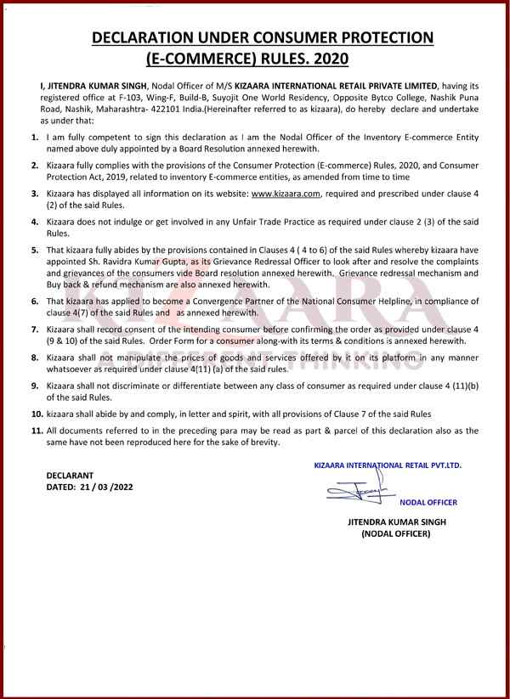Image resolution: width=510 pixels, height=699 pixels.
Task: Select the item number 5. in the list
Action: pos(34,251)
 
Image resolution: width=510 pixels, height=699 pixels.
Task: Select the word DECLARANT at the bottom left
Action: pos(71,474)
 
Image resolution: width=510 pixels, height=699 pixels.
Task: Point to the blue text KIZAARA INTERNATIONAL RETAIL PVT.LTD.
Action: pos(388,466)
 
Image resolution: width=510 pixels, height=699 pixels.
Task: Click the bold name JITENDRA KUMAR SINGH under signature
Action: pos(396,521)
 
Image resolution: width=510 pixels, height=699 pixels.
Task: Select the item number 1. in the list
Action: pos(34,136)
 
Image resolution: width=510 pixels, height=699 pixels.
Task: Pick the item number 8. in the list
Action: pos(34,359)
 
